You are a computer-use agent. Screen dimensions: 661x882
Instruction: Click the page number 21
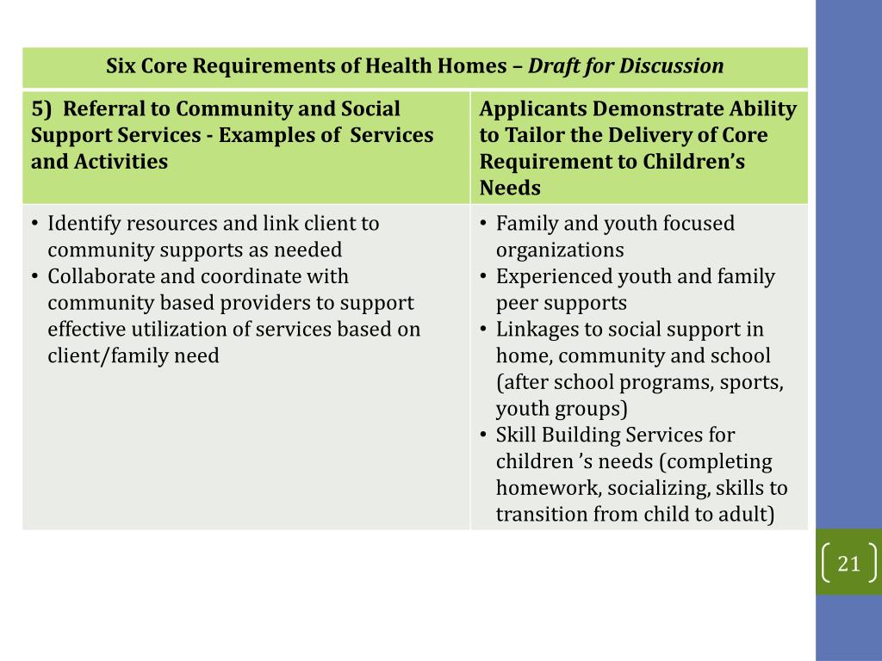[x=848, y=564]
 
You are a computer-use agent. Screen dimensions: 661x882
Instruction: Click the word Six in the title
[x=121, y=66]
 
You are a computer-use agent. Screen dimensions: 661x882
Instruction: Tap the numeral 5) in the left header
[x=42, y=109]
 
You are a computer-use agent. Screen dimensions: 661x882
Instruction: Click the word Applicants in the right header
[x=531, y=109]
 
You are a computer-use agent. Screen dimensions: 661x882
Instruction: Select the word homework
[x=548, y=489]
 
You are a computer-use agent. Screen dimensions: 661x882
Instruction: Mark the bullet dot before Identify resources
[x=35, y=224]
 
